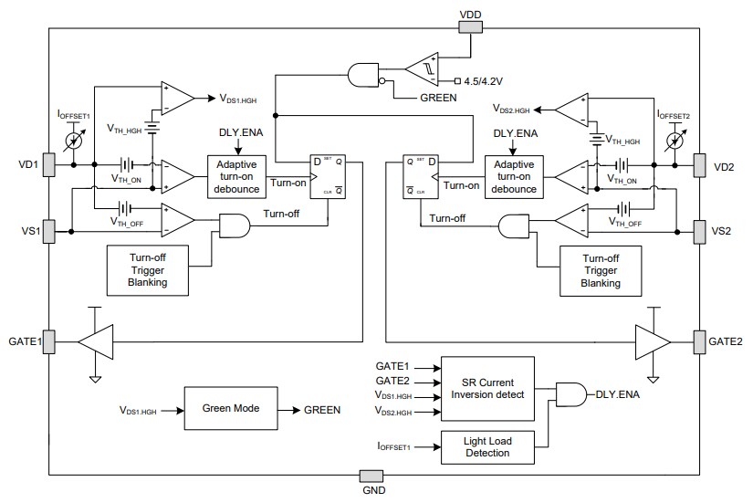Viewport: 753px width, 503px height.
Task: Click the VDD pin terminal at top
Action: coord(469,26)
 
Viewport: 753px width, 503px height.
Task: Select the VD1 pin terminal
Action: coord(48,165)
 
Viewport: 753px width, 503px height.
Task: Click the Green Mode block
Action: coord(224,409)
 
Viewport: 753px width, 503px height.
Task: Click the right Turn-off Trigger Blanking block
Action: coord(601,270)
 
